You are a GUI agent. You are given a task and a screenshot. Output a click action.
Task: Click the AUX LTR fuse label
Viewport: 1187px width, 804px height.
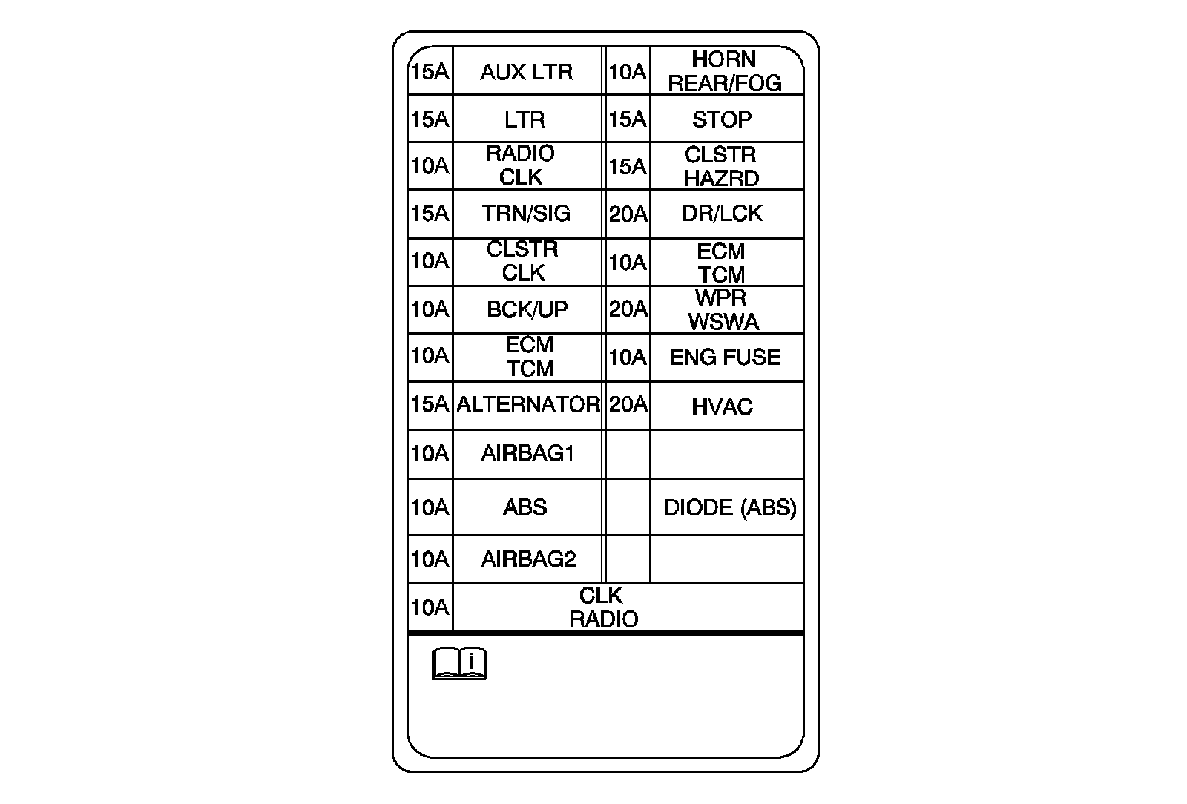(526, 72)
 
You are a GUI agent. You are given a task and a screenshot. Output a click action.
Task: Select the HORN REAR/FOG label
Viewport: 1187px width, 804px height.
(725, 71)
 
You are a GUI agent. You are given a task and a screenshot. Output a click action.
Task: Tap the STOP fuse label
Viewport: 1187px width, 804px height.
(722, 119)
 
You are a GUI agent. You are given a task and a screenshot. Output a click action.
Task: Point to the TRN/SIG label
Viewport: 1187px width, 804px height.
(526, 214)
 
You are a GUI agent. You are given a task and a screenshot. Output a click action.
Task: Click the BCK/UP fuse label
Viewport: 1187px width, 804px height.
(527, 309)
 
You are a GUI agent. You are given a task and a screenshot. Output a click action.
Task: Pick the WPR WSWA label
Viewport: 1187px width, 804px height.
(723, 310)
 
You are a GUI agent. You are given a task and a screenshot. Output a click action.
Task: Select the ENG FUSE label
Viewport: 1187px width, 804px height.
(725, 357)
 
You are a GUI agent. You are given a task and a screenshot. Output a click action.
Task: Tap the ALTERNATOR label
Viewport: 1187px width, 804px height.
(527, 404)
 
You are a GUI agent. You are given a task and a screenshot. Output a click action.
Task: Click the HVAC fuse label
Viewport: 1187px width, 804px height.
(722, 406)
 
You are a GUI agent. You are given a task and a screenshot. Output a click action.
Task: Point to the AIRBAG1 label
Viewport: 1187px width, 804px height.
(527, 453)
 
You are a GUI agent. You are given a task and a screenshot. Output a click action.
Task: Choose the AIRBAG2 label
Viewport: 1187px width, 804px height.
(528, 558)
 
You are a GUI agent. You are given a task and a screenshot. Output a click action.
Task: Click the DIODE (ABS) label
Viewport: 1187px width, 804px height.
(730, 507)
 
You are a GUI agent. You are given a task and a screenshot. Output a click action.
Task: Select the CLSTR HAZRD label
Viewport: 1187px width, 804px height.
(721, 167)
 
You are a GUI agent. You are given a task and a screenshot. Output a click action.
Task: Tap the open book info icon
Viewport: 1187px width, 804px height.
(459, 663)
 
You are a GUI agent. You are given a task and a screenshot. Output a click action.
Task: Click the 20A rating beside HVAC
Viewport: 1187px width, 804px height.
(628, 404)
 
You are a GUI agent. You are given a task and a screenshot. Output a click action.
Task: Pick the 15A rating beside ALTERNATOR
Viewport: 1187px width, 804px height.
(430, 404)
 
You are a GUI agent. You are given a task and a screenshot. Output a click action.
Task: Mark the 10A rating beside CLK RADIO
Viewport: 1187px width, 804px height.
(430, 607)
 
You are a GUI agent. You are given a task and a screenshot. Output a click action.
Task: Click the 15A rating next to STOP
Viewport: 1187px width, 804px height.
(627, 119)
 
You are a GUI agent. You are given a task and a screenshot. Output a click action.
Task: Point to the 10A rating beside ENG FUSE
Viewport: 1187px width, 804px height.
(627, 357)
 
